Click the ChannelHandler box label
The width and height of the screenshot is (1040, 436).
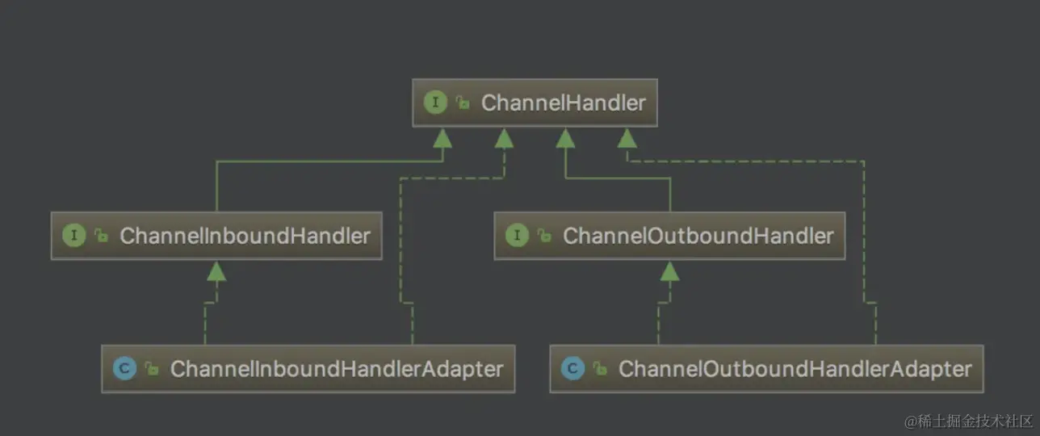(x=563, y=103)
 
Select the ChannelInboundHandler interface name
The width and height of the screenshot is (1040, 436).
(x=245, y=236)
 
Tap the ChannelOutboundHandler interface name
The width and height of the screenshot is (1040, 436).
(x=698, y=236)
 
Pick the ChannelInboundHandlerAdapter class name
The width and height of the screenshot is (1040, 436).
(x=337, y=369)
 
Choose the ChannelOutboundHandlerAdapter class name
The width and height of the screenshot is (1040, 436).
(x=795, y=369)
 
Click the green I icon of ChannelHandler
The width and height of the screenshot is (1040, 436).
(x=435, y=103)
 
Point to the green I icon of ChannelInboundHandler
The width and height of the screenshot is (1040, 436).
(x=73, y=236)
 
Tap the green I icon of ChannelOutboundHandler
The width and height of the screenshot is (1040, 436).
(x=517, y=236)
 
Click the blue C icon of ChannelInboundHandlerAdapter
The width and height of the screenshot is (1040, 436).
(x=124, y=369)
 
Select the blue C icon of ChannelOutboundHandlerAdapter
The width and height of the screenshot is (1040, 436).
(x=572, y=369)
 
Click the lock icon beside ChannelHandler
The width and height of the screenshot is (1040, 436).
(x=463, y=103)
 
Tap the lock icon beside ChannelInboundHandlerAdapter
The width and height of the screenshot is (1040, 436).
(x=151, y=369)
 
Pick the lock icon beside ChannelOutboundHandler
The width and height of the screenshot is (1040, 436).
(x=544, y=236)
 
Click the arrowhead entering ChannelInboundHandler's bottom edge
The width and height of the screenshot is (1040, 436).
(x=216, y=271)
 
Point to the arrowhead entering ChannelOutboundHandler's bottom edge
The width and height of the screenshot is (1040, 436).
(x=669, y=271)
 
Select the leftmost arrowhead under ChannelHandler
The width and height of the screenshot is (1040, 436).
(x=442, y=138)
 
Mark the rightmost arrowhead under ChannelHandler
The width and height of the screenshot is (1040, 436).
(x=627, y=138)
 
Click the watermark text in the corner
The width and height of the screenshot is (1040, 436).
(x=968, y=421)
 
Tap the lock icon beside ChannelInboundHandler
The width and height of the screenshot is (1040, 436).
(x=101, y=236)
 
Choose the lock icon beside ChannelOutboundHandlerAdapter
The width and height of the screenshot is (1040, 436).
(x=599, y=369)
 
